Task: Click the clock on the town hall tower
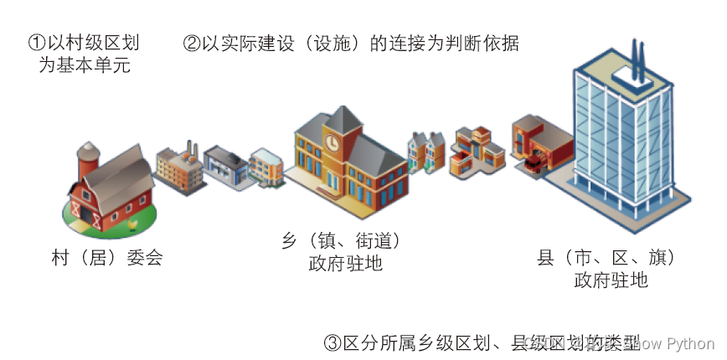(x=333, y=142)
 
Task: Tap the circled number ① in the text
(x=36, y=42)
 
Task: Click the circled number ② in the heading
(x=191, y=42)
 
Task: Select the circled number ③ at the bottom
(x=332, y=343)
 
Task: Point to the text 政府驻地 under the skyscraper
(x=611, y=280)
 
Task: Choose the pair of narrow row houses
(x=425, y=152)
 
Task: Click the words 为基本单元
(x=84, y=64)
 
